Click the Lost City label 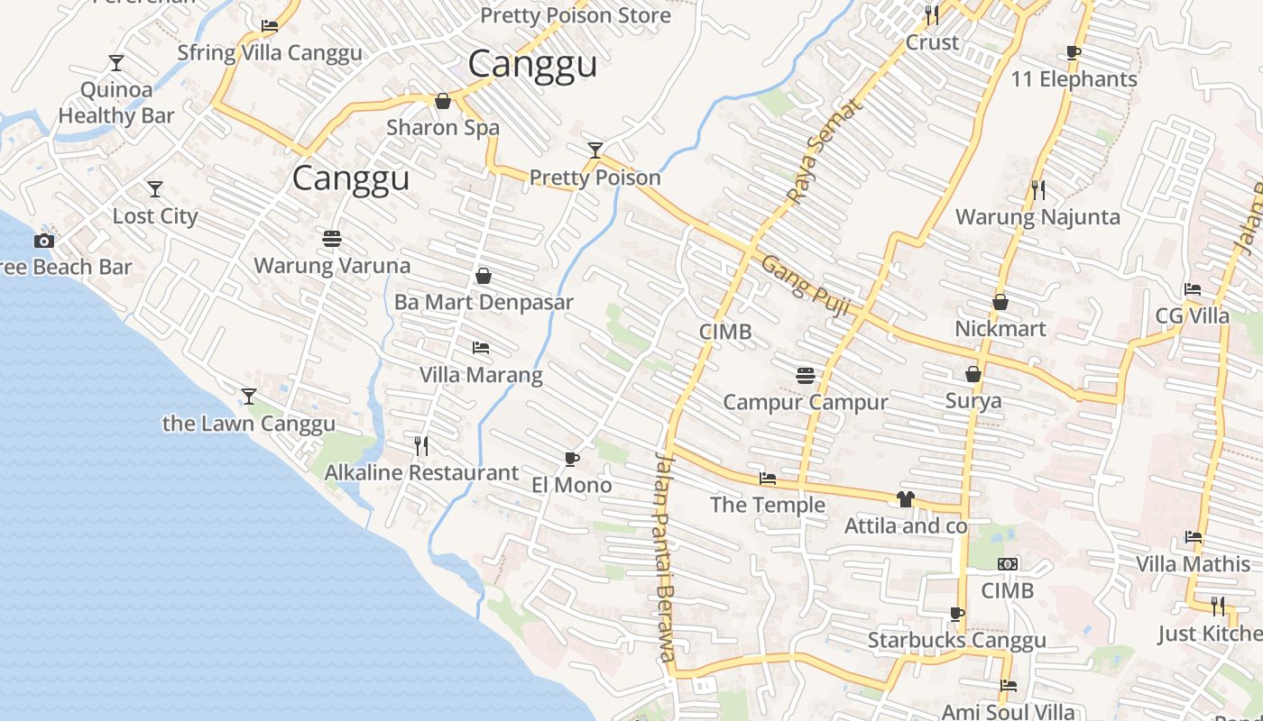pyautogui.click(x=155, y=216)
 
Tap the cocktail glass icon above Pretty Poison pyautogui.click(x=595, y=150)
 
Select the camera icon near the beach pyautogui.click(x=43, y=241)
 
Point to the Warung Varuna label pyautogui.click(x=332, y=266)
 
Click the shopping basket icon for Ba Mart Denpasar pyautogui.click(x=484, y=276)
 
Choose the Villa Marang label pyautogui.click(x=481, y=375)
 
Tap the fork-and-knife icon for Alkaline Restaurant pyautogui.click(x=420, y=445)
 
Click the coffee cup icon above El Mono pyautogui.click(x=571, y=459)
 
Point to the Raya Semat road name pyautogui.click(x=825, y=150)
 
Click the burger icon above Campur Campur pyautogui.click(x=806, y=375)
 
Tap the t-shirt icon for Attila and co pyautogui.click(x=906, y=499)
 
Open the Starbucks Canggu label pyautogui.click(x=956, y=641)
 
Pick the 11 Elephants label pyautogui.click(x=1074, y=79)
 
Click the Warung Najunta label pyautogui.click(x=1037, y=217)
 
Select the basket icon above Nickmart pyautogui.click(x=1000, y=302)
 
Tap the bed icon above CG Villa pyautogui.click(x=1193, y=289)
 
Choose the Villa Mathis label pyautogui.click(x=1193, y=565)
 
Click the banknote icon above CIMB pyautogui.click(x=1008, y=564)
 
